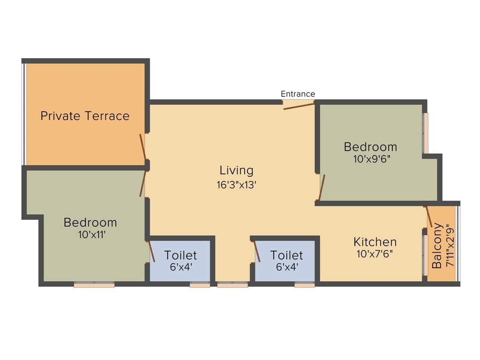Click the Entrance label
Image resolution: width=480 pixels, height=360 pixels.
pyautogui.click(x=298, y=94)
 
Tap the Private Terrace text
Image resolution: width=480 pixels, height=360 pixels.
pyautogui.click(x=85, y=116)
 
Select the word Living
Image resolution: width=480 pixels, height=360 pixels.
pyautogui.click(x=236, y=170)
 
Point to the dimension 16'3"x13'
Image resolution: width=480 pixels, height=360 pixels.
pyautogui.click(x=236, y=185)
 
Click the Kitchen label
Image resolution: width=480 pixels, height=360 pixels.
pyautogui.click(x=375, y=242)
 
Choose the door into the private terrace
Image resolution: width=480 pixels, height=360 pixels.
pyautogui.click(x=143, y=147)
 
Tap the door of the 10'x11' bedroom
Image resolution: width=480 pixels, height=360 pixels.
pyautogui.click(x=143, y=183)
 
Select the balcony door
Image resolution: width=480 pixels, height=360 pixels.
pyautogui.click(x=428, y=217)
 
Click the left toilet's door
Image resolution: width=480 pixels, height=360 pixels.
pyautogui.click(x=151, y=251)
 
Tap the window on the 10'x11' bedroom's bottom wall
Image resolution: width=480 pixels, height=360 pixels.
pyautogui.click(x=94, y=284)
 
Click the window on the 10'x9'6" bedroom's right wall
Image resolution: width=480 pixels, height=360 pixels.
pyautogui.click(x=426, y=133)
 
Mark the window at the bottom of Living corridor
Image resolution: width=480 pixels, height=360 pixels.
pyautogui.click(x=232, y=284)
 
